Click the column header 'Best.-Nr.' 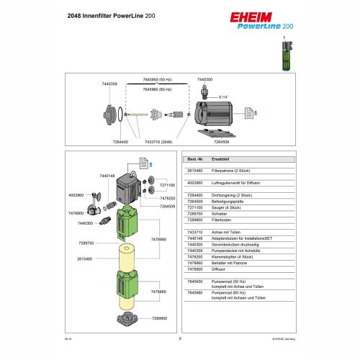pyautogui.click(x=196, y=158)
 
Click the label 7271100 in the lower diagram pyautogui.click(x=166, y=186)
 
